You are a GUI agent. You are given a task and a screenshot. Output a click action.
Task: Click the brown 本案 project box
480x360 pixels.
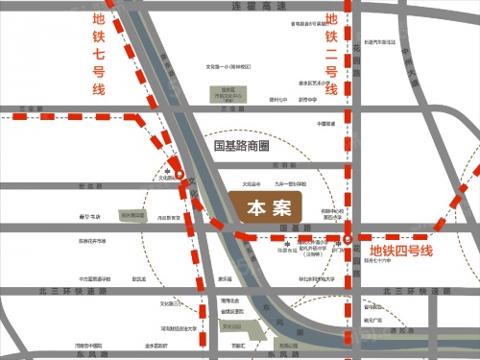265,207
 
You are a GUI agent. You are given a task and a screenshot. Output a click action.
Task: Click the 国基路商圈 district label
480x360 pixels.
242,147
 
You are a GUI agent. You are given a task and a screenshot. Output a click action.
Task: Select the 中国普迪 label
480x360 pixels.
326,124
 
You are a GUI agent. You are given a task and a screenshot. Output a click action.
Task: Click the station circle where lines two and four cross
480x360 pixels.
349,237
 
